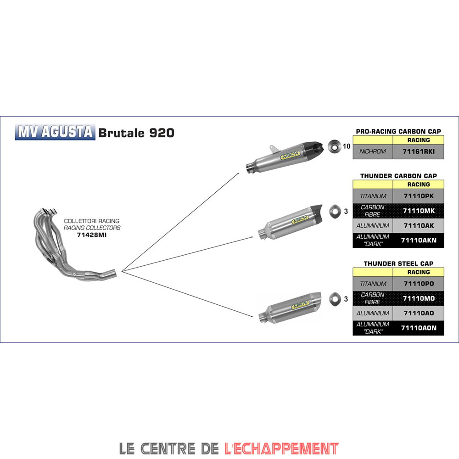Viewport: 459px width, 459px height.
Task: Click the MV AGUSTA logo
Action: pos(55,132)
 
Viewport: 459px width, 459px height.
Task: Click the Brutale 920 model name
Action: pos(136,133)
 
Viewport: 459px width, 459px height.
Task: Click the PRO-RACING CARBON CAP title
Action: pos(398,131)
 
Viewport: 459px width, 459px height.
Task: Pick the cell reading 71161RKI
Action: pos(419,151)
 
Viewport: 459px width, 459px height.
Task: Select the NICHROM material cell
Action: pos(373,151)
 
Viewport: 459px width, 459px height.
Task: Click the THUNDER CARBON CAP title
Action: pos(398,176)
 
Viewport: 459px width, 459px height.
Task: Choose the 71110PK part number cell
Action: pos(419,196)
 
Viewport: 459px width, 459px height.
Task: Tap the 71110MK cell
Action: pos(419,211)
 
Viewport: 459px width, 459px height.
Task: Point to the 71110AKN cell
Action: pos(419,240)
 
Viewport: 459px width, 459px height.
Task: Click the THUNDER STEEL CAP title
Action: pos(398,263)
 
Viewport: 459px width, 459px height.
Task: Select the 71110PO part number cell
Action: pos(419,284)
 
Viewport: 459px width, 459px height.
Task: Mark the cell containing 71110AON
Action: pos(419,328)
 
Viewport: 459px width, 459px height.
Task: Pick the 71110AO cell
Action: pos(419,313)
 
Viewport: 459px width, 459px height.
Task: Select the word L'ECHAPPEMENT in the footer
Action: pos(281,448)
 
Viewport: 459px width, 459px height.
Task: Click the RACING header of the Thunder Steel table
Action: pos(419,272)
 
